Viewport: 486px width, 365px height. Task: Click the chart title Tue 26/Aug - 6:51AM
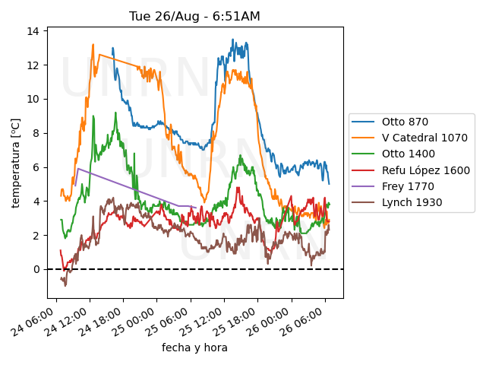click(195, 16)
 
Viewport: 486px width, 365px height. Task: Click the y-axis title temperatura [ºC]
click(16, 163)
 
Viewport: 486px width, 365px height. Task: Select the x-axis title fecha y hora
click(194, 348)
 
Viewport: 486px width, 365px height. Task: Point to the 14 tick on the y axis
click(33, 31)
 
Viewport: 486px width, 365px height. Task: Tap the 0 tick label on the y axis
click(36, 269)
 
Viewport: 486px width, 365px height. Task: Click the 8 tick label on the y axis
click(36, 133)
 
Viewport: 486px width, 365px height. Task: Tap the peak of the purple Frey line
click(77, 169)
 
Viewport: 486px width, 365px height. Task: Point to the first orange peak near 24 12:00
click(93, 45)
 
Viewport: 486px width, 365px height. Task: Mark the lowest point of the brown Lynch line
click(65, 285)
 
